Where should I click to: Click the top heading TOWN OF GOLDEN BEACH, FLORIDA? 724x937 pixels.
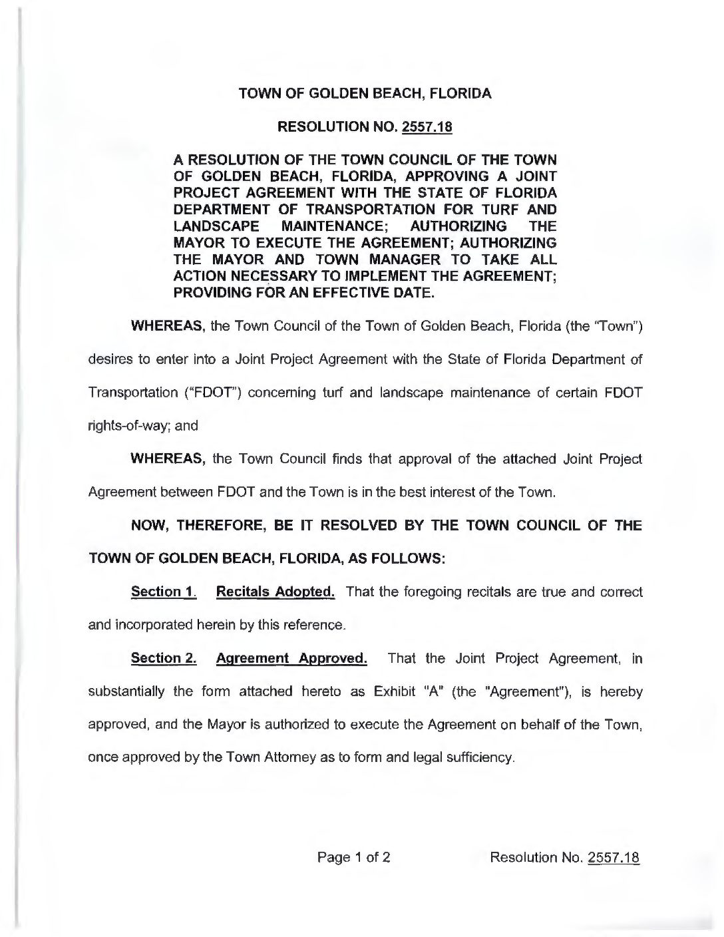click(x=365, y=93)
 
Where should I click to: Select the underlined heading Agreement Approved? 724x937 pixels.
click(x=291, y=659)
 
